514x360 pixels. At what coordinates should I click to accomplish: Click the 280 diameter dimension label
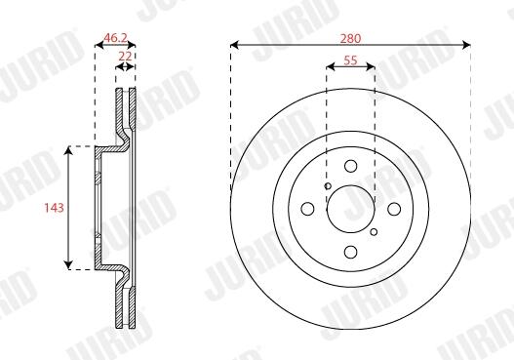[350, 39]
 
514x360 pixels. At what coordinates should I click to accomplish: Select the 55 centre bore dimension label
[350, 60]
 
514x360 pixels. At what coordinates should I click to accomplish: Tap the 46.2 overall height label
[115, 38]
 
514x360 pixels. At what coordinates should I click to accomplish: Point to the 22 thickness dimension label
[125, 56]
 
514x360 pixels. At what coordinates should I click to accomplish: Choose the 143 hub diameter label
[54, 208]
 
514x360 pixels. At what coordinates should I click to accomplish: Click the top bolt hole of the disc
[351, 166]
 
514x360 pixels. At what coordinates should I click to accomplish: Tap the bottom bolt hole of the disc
[351, 252]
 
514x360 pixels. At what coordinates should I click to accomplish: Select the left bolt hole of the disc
[307, 209]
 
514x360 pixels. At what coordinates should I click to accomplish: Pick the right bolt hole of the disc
[394, 209]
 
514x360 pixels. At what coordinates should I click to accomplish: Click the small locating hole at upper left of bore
[328, 186]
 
